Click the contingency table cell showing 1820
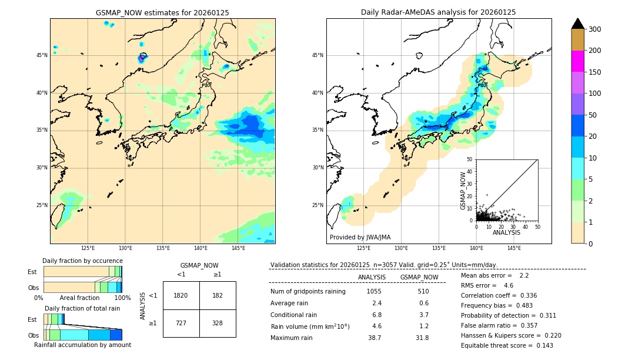[x=181, y=295]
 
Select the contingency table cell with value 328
[x=218, y=324]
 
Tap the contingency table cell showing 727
[x=181, y=324]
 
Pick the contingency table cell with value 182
[x=218, y=295]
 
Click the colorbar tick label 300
[x=594, y=29]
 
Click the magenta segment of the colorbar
[x=577, y=61]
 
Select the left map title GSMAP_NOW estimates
[x=162, y=12]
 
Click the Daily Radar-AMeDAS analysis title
[x=439, y=12]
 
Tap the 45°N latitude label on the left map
[x=41, y=55]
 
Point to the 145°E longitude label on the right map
[x=514, y=248]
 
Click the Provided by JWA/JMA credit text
[x=360, y=238]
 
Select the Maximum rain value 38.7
[x=375, y=338]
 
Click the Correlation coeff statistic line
[x=499, y=295]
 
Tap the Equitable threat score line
[x=499, y=345]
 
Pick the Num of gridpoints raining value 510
[x=423, y=291]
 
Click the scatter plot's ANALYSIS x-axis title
[x=506, y=232]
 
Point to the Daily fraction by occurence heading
[x=82, y=261]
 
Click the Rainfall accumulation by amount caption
[x=83, y=345]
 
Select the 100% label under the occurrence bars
[x=122, y=298]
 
